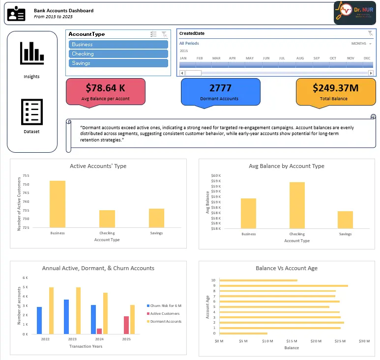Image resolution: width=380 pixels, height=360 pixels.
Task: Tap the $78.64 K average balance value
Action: [x=105, y=88]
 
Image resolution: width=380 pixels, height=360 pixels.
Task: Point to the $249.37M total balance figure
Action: [x=335, y=88]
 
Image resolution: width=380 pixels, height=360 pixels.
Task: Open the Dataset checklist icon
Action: [x=31, y=112]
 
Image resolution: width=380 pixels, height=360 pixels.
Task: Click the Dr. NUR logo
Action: [x=354, y=13]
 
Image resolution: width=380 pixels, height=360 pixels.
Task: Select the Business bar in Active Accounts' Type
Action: [x=58, y=204]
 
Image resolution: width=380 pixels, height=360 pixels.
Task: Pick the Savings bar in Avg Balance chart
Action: [x=345, y=220]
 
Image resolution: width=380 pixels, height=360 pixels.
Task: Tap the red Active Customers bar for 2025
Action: [x=126, y=325]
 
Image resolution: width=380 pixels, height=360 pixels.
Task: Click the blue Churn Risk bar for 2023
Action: [x=66, y=317]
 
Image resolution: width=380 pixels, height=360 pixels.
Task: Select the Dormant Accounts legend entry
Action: [x=166, y=321]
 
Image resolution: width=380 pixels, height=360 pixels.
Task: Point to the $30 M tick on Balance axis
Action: [x=364, y=341]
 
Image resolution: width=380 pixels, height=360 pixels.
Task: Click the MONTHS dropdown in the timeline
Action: [x=361, y=44]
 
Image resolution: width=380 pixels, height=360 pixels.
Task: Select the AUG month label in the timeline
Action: [x=299, y=58]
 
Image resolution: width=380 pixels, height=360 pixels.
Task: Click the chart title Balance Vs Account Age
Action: [x=287, y=268]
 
